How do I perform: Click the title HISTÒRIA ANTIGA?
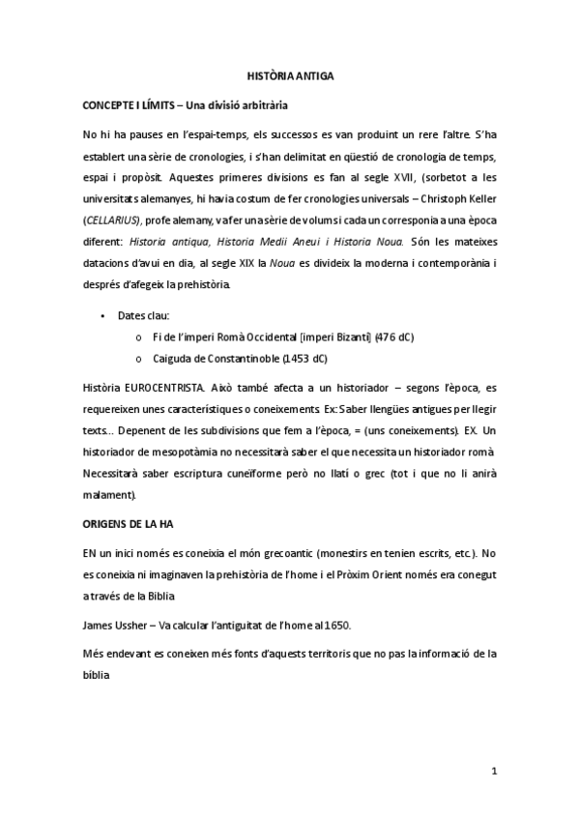point(290,74)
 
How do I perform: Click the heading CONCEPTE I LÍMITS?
point(135,102)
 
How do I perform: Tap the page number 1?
point(493,771)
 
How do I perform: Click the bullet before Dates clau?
point(102,315)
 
